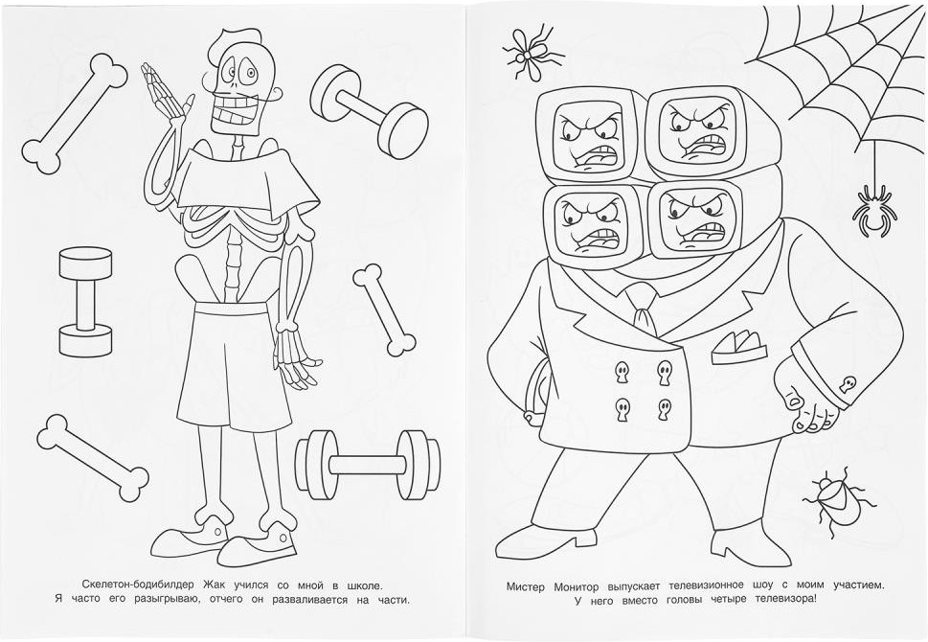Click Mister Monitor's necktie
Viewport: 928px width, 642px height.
coord(645,309)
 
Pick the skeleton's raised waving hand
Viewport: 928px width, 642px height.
coord(164,95)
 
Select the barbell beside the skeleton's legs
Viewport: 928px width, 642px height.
coord(368,465)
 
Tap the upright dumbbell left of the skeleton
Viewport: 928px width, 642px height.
coord(85,302)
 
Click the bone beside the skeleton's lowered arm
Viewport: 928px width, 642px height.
coord(384,310)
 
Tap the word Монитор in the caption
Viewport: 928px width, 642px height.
coord(577,586)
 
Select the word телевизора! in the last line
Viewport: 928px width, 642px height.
coord(785,599)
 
